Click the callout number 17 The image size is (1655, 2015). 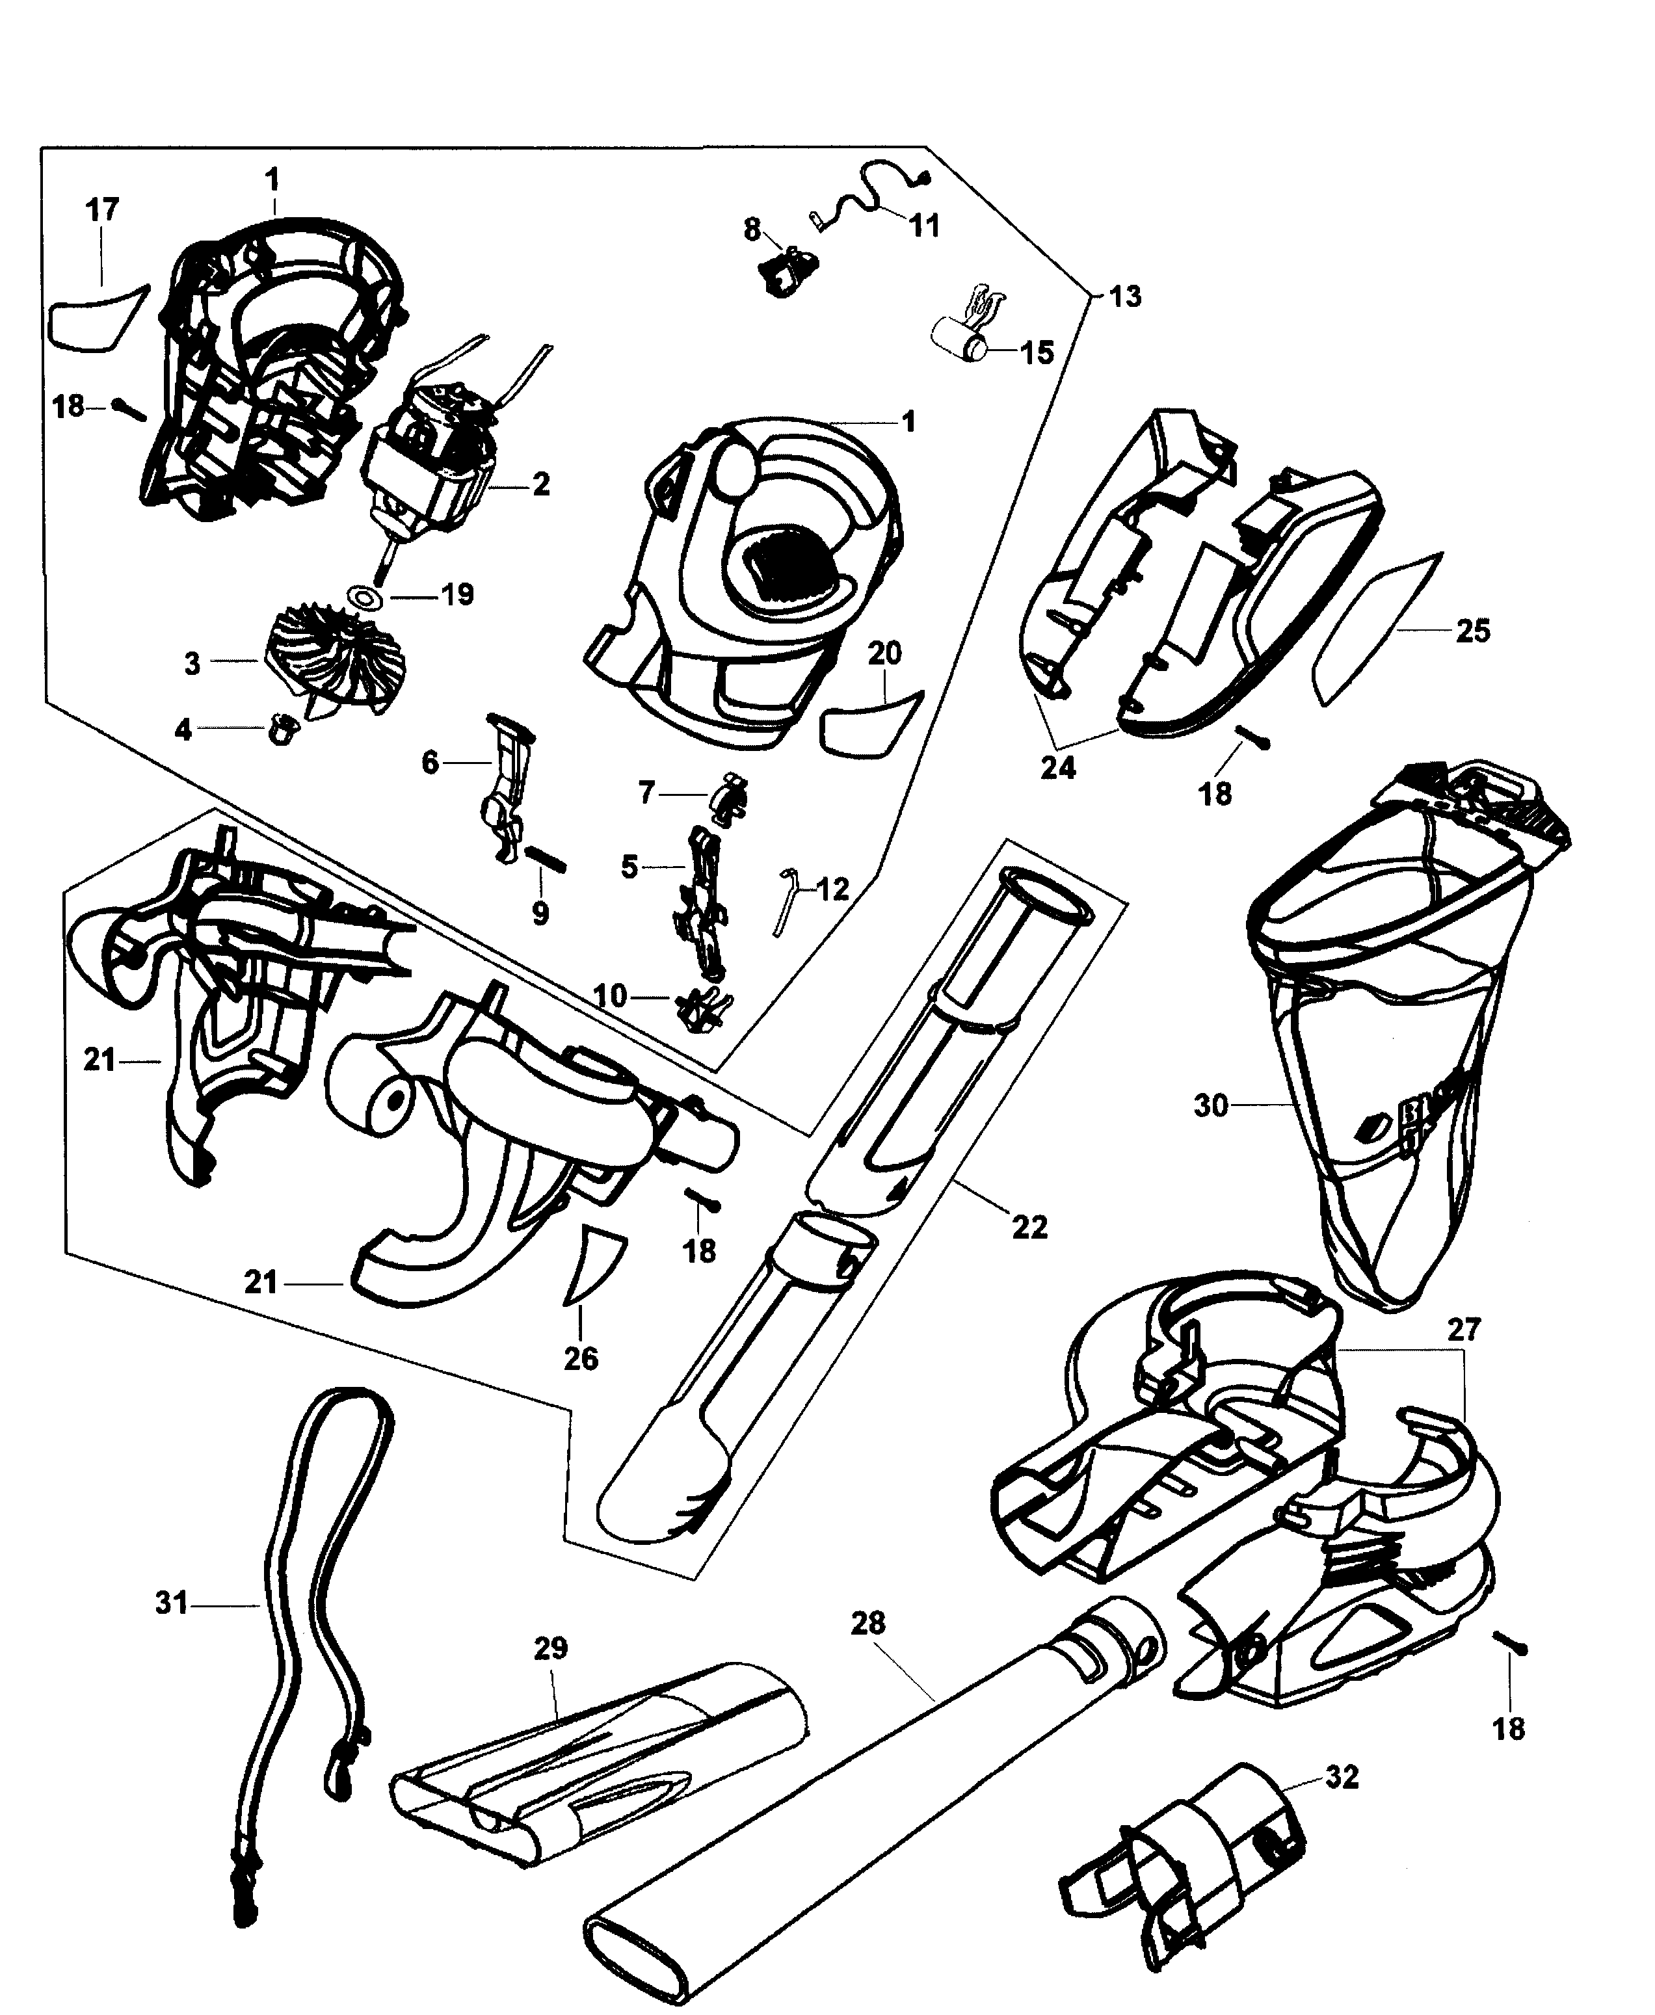coord(103,211)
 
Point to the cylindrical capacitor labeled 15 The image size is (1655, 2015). coord(957,338)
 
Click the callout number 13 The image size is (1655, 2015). coord(1125,296)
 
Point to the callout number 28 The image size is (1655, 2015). coord(867,1623)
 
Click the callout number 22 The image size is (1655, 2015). coord(1029,1227)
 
